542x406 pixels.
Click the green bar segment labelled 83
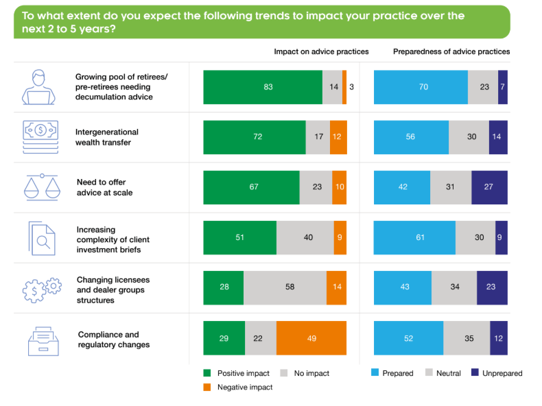[x=263, y=87]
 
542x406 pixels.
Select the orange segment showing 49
[x=311, y=338]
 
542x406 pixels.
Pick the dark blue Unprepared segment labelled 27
[x=489, y=187]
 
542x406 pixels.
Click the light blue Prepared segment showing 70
[x=421, y=87]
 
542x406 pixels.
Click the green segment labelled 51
[x=240, y=237]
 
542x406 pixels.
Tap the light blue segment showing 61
[x=414, y=237]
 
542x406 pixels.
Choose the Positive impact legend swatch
[x=207, y=373]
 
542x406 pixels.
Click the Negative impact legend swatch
[x=207, y=387]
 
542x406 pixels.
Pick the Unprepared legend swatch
[x=475, y=373]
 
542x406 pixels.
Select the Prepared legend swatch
[x=375, y=373]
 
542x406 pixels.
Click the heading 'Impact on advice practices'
[x=321, y=51]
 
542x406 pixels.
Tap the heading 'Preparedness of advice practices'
[x=451, y=51]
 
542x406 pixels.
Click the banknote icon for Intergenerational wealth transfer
[x=41, y=136]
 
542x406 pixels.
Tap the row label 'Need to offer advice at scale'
[x=104, y=188]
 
